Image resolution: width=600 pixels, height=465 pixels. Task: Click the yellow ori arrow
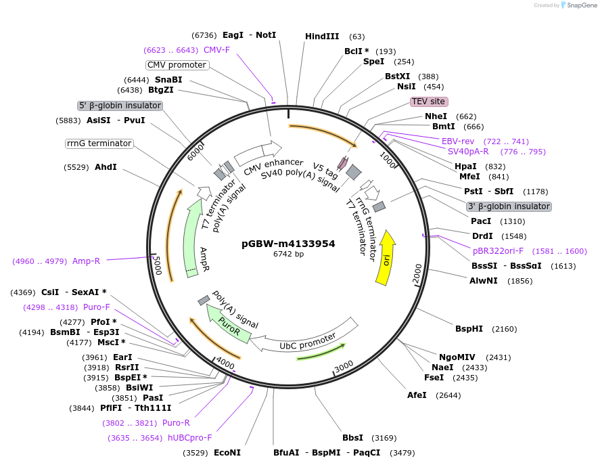tap(386, 257)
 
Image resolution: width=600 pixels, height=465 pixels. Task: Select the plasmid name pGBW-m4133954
tap(288, 244)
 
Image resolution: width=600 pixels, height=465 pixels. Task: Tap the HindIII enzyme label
tap(322, 36)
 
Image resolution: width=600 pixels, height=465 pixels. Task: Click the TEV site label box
tap(429, 102)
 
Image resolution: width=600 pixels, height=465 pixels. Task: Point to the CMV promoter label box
tap(177, 65)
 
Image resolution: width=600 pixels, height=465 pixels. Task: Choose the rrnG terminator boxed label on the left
tap(99, 143)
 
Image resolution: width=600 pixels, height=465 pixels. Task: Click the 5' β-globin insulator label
tap(120, 106)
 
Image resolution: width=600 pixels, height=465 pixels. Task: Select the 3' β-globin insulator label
tap(509, 206)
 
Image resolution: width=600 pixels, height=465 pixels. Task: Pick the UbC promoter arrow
tap(308, 341)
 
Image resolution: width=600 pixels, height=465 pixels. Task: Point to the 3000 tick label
tap(344, 366)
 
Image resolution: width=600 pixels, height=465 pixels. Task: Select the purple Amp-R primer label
tap(87, 261)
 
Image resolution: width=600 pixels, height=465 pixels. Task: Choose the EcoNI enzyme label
tap(227, 452)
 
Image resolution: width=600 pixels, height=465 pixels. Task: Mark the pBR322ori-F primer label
tap(501, 251)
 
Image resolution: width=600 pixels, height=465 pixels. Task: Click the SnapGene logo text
tap(581, 5)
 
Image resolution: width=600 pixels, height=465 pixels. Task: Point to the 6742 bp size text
tap(288, 254)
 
